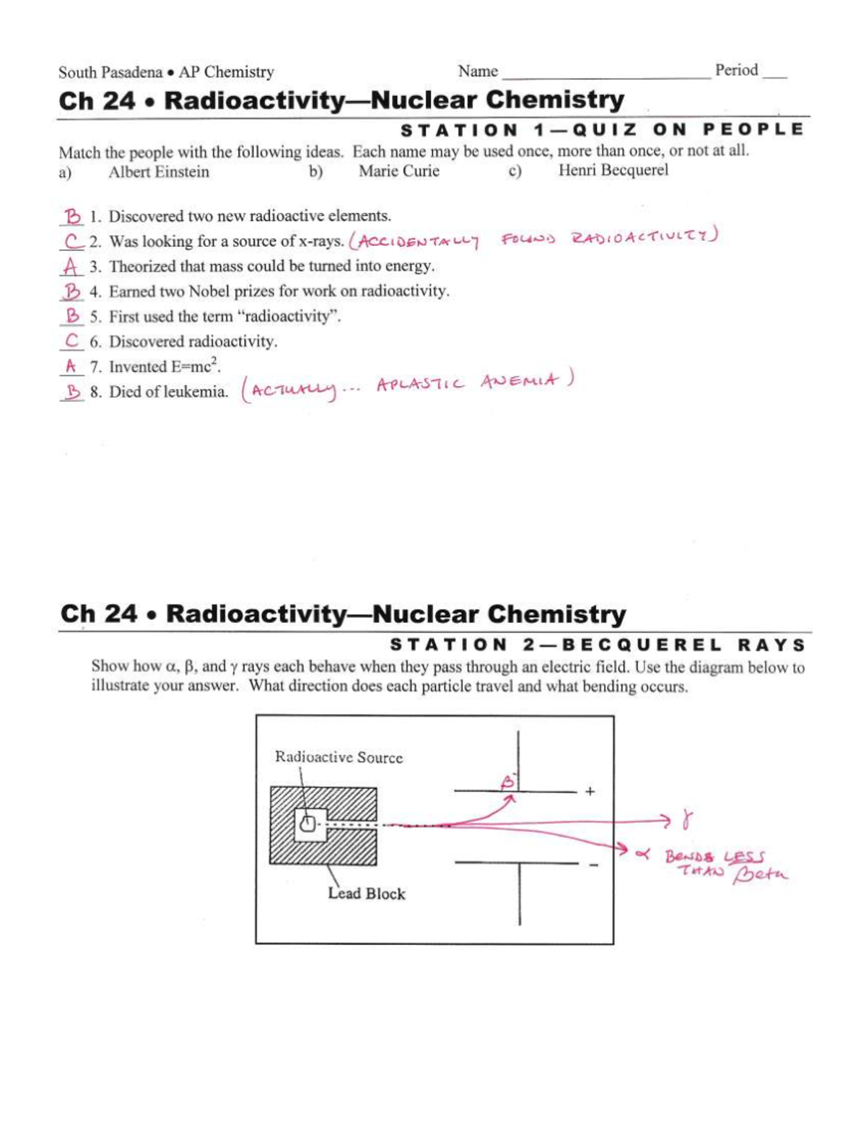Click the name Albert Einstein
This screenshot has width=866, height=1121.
point(159,172)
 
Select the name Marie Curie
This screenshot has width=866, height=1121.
point(398,171)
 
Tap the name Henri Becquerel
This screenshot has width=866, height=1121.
point(613,170)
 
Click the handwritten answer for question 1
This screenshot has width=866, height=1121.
point(72,216)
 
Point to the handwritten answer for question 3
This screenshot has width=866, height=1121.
point(71,266)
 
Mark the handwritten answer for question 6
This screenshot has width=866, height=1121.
point(71,341)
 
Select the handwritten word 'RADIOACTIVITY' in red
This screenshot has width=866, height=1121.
point(642,237)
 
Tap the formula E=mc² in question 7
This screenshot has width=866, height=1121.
point(195,366)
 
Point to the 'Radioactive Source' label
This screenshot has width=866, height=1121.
point(338,757)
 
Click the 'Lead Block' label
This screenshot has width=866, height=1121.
point(367,894)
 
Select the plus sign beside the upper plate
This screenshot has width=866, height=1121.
point(590,791)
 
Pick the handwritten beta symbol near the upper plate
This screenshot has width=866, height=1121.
point(508,780)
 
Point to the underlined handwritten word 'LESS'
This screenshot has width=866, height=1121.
point(743,858)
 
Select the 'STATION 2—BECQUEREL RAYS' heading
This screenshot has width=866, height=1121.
point(598,645)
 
